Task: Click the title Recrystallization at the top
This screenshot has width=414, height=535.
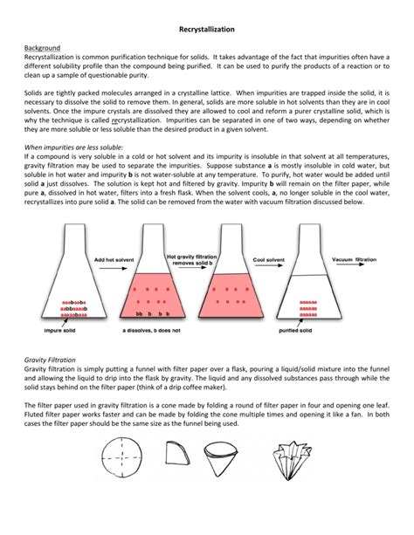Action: pos(206,29)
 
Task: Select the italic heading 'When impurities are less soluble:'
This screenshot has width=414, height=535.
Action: pos(75,147)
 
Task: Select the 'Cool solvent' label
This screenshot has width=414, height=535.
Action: pos(271,259)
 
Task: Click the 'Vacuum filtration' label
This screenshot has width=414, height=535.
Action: pos(354,259)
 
